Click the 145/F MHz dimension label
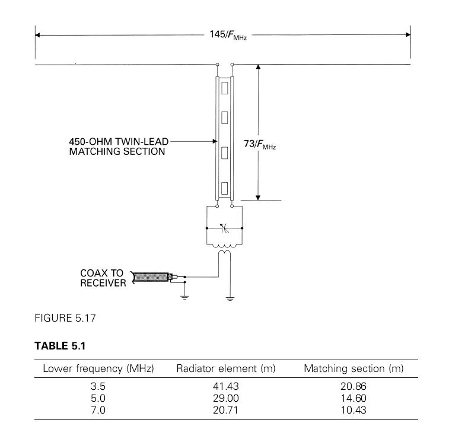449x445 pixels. [x=228, y=35]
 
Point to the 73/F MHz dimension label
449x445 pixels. [x=260, y=144]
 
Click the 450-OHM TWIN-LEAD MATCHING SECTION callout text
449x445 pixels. [x=119, y=147]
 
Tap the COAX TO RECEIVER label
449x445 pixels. [x=103, y=278]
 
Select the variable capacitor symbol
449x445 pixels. [x=224, y=228]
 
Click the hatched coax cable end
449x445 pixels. [x=151, y=277]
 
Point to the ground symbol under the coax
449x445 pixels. [x=184, y=297]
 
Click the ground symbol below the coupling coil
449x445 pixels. [x=230, y=299]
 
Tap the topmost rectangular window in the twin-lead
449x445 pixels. [x=225, y=88]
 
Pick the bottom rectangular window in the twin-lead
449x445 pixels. [x=225, y=189]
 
